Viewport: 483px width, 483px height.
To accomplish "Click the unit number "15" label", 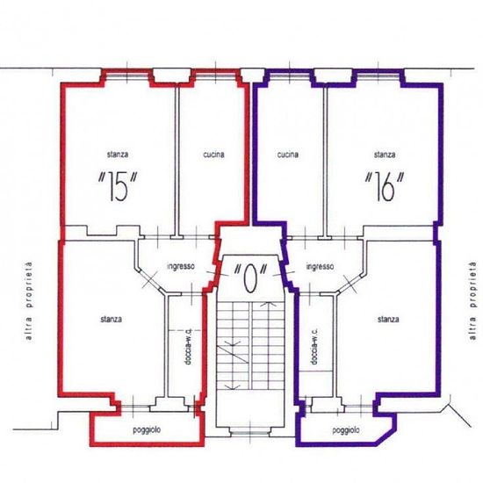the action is [118, 187].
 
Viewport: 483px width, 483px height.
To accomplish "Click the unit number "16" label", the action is [384, 187].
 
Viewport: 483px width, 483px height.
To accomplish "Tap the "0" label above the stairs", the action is [249, 278].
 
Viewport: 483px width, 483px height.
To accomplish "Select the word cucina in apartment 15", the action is [213, 155].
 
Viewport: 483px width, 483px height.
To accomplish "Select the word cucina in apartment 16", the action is [288, 155].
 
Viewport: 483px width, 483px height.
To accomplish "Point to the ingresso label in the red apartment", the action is [181, 266].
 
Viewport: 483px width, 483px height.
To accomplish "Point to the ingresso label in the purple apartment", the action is [320, 266].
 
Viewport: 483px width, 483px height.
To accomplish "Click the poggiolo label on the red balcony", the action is [147, 430].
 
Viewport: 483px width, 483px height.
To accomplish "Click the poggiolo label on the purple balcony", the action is [346, 430].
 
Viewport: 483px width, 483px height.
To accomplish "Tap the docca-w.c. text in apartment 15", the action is [189, 347].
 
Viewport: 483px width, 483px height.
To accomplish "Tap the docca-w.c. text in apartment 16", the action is [314, 347].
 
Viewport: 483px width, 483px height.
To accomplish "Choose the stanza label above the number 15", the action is [118, 154].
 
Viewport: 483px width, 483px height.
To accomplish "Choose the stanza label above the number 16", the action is [385, 154].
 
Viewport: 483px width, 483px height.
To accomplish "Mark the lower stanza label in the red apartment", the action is [111, 319].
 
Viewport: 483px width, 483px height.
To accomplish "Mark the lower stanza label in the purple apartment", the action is [388, 319].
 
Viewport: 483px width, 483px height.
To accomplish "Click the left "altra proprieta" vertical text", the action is [29, 301].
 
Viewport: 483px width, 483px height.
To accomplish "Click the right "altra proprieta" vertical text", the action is [472, 301].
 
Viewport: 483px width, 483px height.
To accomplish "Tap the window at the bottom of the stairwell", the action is [249, 433].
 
